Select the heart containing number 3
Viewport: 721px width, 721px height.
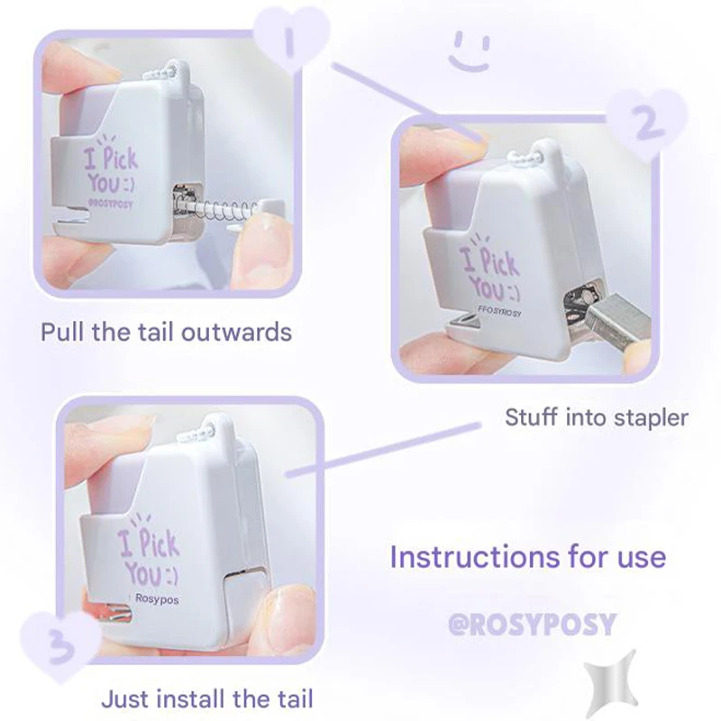coord(59,645)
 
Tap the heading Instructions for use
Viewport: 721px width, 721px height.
coord(528,556)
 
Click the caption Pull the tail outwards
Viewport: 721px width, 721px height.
coord(166,332)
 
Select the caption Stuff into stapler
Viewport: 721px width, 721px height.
coord(597,417)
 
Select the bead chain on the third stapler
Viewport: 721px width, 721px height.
coord(215,433)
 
